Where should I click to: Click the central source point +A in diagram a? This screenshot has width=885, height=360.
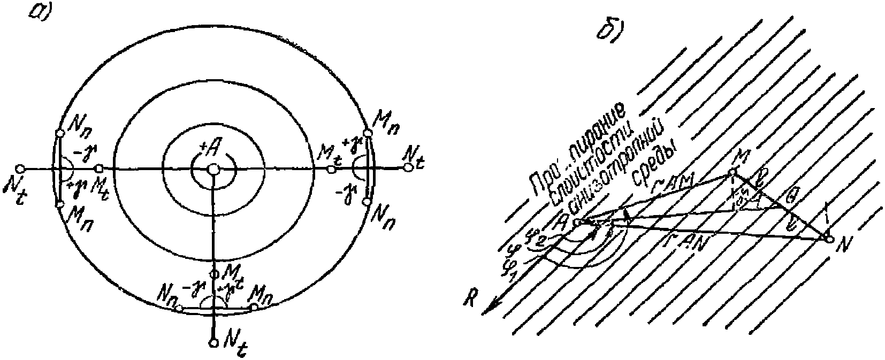tap(213, 170)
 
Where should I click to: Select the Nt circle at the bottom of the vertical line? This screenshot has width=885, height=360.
tap(213, 342)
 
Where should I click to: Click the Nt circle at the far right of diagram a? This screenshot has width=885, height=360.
tap(408, 168)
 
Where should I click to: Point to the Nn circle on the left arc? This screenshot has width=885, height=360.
tap(59, 133)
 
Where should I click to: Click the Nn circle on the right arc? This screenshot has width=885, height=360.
tap(367, 202)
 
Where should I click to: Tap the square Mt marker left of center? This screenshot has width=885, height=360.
tap(99, 169)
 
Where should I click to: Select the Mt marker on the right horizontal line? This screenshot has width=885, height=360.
tap(332, 169)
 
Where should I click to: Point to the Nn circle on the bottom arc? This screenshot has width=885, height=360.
tap(180, 308)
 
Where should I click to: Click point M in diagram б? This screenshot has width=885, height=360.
tap(731, 172)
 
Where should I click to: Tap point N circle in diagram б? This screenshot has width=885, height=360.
tap(829, 239)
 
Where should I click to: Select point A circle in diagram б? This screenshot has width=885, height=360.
tap(576, 222)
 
